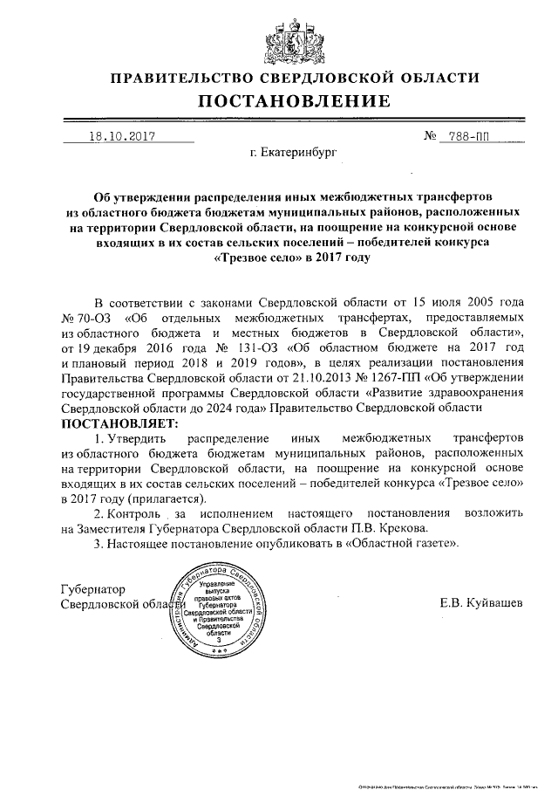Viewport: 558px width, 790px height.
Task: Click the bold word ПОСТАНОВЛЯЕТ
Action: [x=118, y=422]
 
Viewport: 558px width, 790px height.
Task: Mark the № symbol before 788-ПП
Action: [x=430, y=136]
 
